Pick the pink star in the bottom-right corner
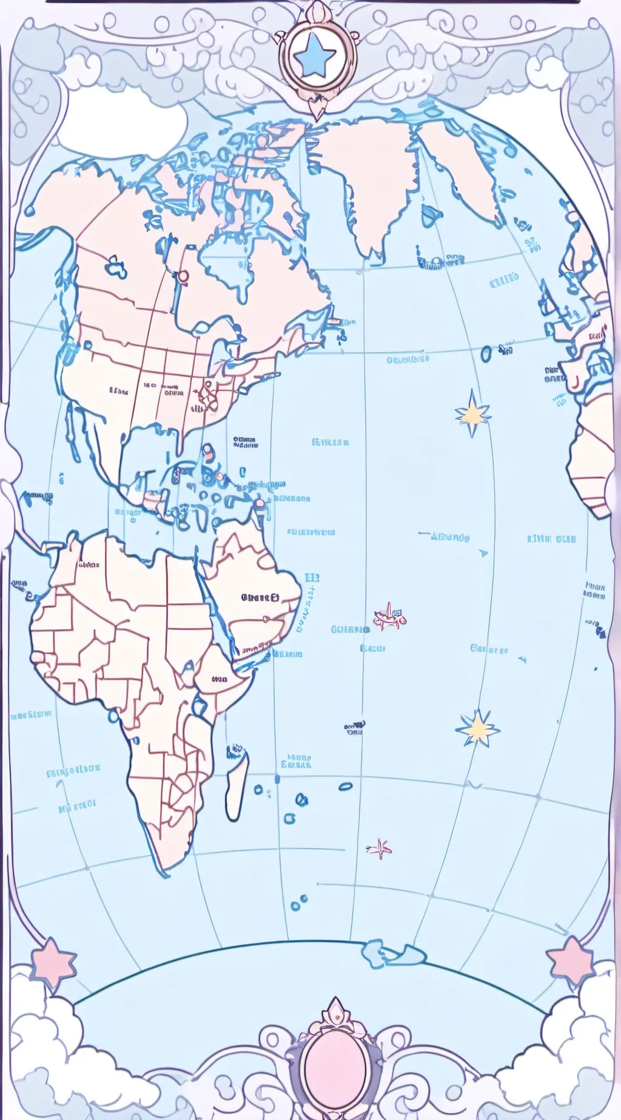[x=571, y=961]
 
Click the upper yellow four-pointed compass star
[x=472, y=413]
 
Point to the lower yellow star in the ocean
[x=478, y=727]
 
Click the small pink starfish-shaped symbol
[x=380, y=848]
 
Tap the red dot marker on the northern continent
[x=183, y=276]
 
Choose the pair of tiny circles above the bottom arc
[x=299, y=904]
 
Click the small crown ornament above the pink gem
[x=334, y=1010]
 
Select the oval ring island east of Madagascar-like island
[x=345, y=787]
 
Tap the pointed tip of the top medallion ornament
[x=315, y=112]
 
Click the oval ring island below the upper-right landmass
[x=486, y=353]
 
